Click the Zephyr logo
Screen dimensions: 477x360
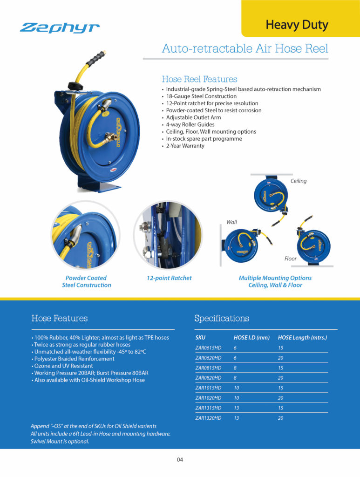(x=60, y=28)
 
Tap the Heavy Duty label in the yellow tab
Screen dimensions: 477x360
(x=297, y=24)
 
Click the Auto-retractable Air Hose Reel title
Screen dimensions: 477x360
(x=245, y=48)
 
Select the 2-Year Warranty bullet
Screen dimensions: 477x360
(x=185, y=146)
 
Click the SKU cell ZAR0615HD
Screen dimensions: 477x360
(x=208, y=348)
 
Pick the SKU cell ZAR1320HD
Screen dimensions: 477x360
(x=208, y=418)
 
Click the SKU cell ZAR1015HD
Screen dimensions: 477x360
(x=208, y=388)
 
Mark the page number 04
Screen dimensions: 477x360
(x=180, y=460)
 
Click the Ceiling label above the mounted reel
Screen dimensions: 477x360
(x=299, y=181)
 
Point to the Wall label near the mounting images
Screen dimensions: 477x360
(x=231, y=222)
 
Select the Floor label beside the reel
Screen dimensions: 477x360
(x=291, y=258)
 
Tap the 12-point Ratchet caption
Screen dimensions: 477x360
(x=169, y=278)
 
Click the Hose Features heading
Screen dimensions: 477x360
(x=60, y=319)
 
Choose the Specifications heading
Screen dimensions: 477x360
(x=222, y=319)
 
